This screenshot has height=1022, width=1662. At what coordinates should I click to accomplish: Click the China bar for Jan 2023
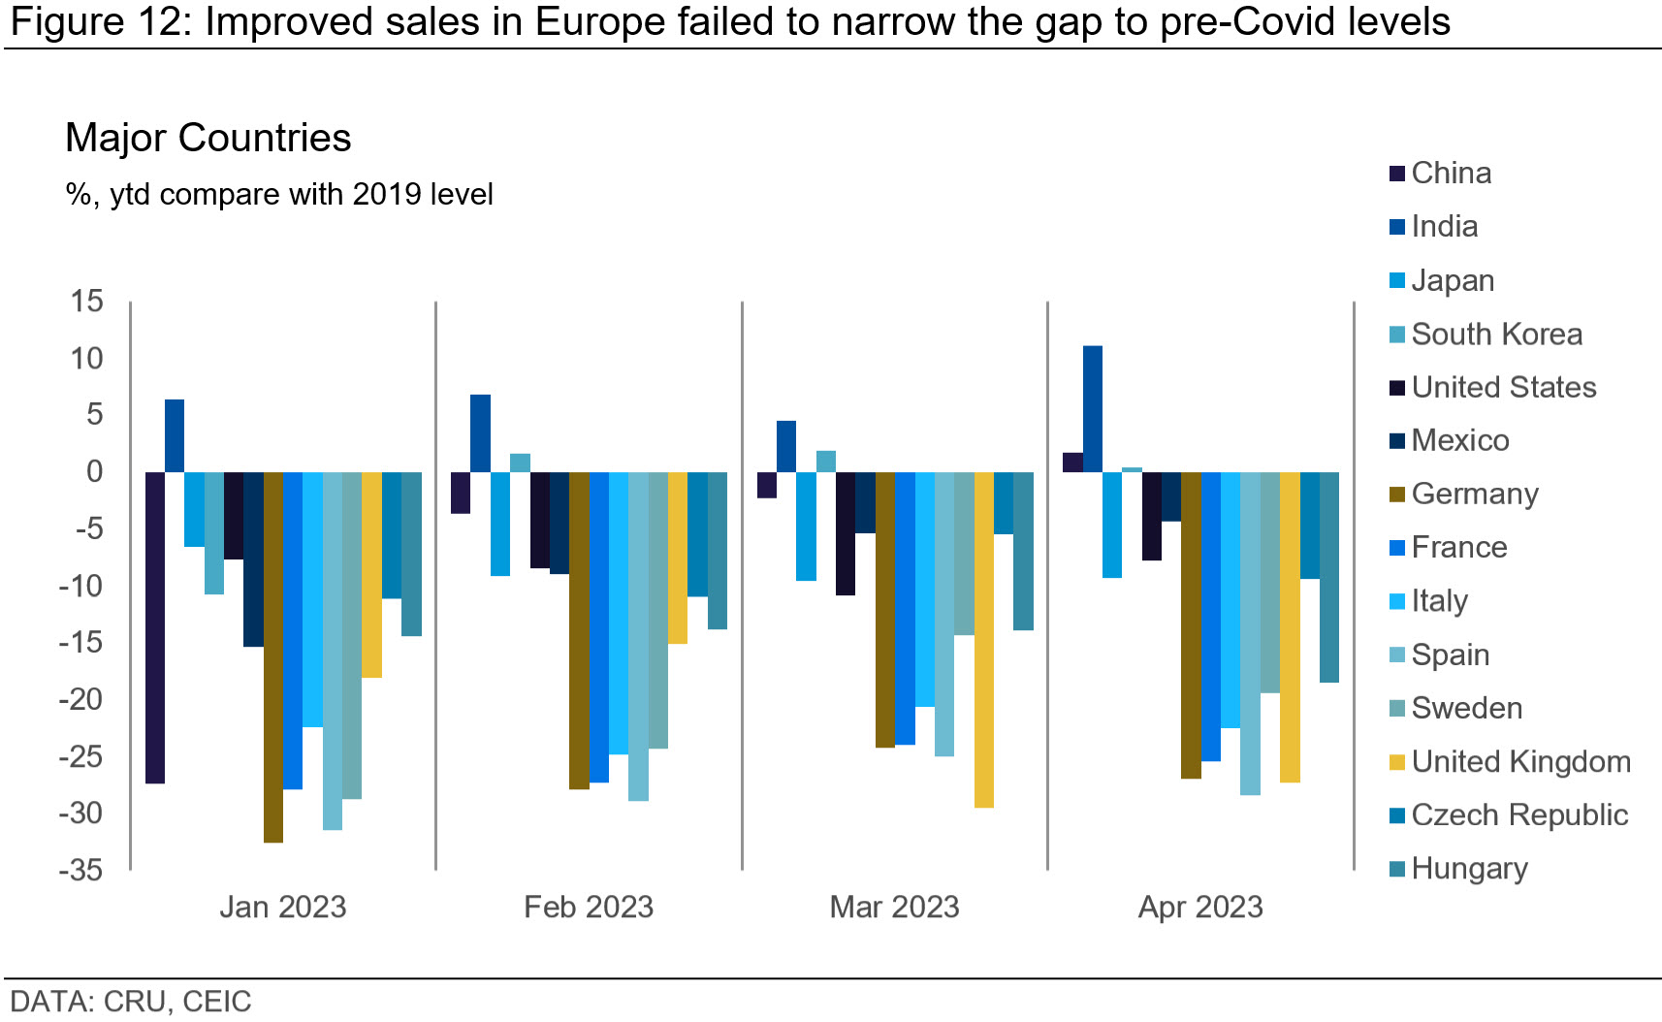[155, 627]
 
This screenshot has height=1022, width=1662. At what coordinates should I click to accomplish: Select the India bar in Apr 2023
[1093, 409]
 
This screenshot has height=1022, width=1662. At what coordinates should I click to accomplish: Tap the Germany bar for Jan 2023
[273, 657]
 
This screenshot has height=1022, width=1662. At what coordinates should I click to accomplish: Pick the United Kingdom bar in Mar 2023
[984, 640]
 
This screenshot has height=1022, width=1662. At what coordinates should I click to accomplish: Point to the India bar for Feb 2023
[480, 433]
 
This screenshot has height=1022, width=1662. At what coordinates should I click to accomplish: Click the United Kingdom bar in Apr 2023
[1290, 627]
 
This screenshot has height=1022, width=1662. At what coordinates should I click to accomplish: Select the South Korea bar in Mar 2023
[826, 462]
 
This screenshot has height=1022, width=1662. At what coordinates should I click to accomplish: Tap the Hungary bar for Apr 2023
[1329, 578]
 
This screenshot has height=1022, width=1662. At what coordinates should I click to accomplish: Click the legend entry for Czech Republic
[1518, 815]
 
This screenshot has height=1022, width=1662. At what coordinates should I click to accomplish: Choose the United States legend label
[1503, 388]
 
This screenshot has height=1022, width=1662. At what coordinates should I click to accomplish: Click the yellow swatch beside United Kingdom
[1397, 763]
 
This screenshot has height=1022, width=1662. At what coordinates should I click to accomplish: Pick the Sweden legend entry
[1466, 709]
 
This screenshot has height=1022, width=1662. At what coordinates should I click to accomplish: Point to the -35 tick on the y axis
[81, 871]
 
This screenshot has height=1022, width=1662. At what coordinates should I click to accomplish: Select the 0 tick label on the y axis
[95, 472]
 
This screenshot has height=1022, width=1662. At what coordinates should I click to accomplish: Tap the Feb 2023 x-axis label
[589, 908]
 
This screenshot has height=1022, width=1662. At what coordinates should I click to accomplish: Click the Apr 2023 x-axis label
[1200, 908]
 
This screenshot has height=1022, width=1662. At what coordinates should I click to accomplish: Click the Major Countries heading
[208, 138]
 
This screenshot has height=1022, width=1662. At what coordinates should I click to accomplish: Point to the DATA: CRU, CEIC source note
[131, 1002]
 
